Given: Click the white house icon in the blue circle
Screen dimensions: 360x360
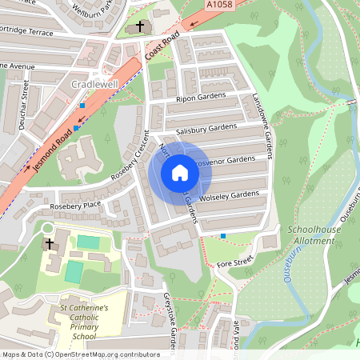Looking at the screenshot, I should (x=180, y=172).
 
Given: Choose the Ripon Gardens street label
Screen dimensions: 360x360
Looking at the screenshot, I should (x=200, y=98).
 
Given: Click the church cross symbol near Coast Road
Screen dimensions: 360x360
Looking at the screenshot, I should (x=140, y=27).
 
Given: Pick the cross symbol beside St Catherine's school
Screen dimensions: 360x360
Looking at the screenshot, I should (x=49, y=243).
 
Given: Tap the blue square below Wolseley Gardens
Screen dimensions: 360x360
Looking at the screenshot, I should (x=222, y=235).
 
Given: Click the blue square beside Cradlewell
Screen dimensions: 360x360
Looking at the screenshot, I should (x=82, y=105).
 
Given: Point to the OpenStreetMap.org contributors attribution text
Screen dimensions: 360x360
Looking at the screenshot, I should (x=104, y=354).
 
